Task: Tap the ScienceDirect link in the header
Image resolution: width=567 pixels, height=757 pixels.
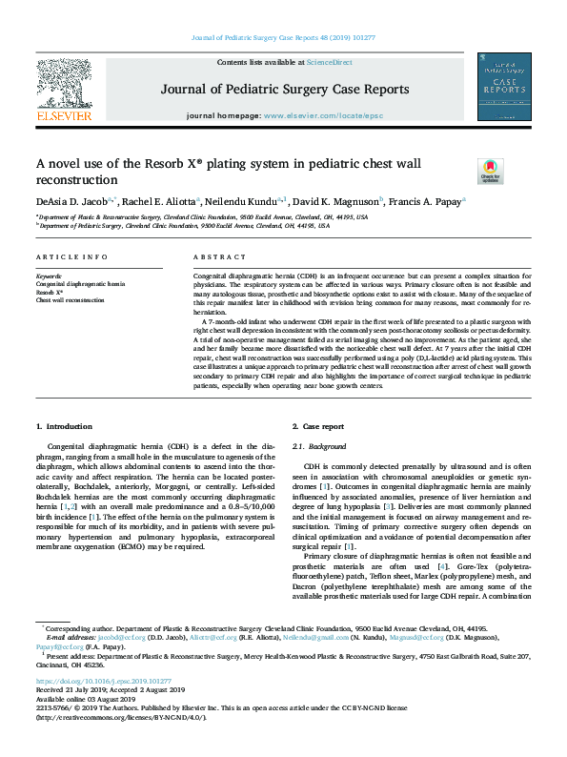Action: pyautogui.click(x=329, y=62)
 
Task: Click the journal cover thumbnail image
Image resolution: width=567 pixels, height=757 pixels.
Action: pyautogui.click(x=504, y=87)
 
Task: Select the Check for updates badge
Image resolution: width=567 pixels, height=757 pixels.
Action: pyautogui.click(x=490, y=172)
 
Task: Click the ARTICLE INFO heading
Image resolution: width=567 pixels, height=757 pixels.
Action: pyautogui.click(x=71, y=258)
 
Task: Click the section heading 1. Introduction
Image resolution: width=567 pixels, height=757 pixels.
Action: pyautogui.click(x=66, y=425)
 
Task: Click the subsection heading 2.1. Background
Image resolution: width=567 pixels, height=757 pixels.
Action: pyautogui.click(x=319, y=446)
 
